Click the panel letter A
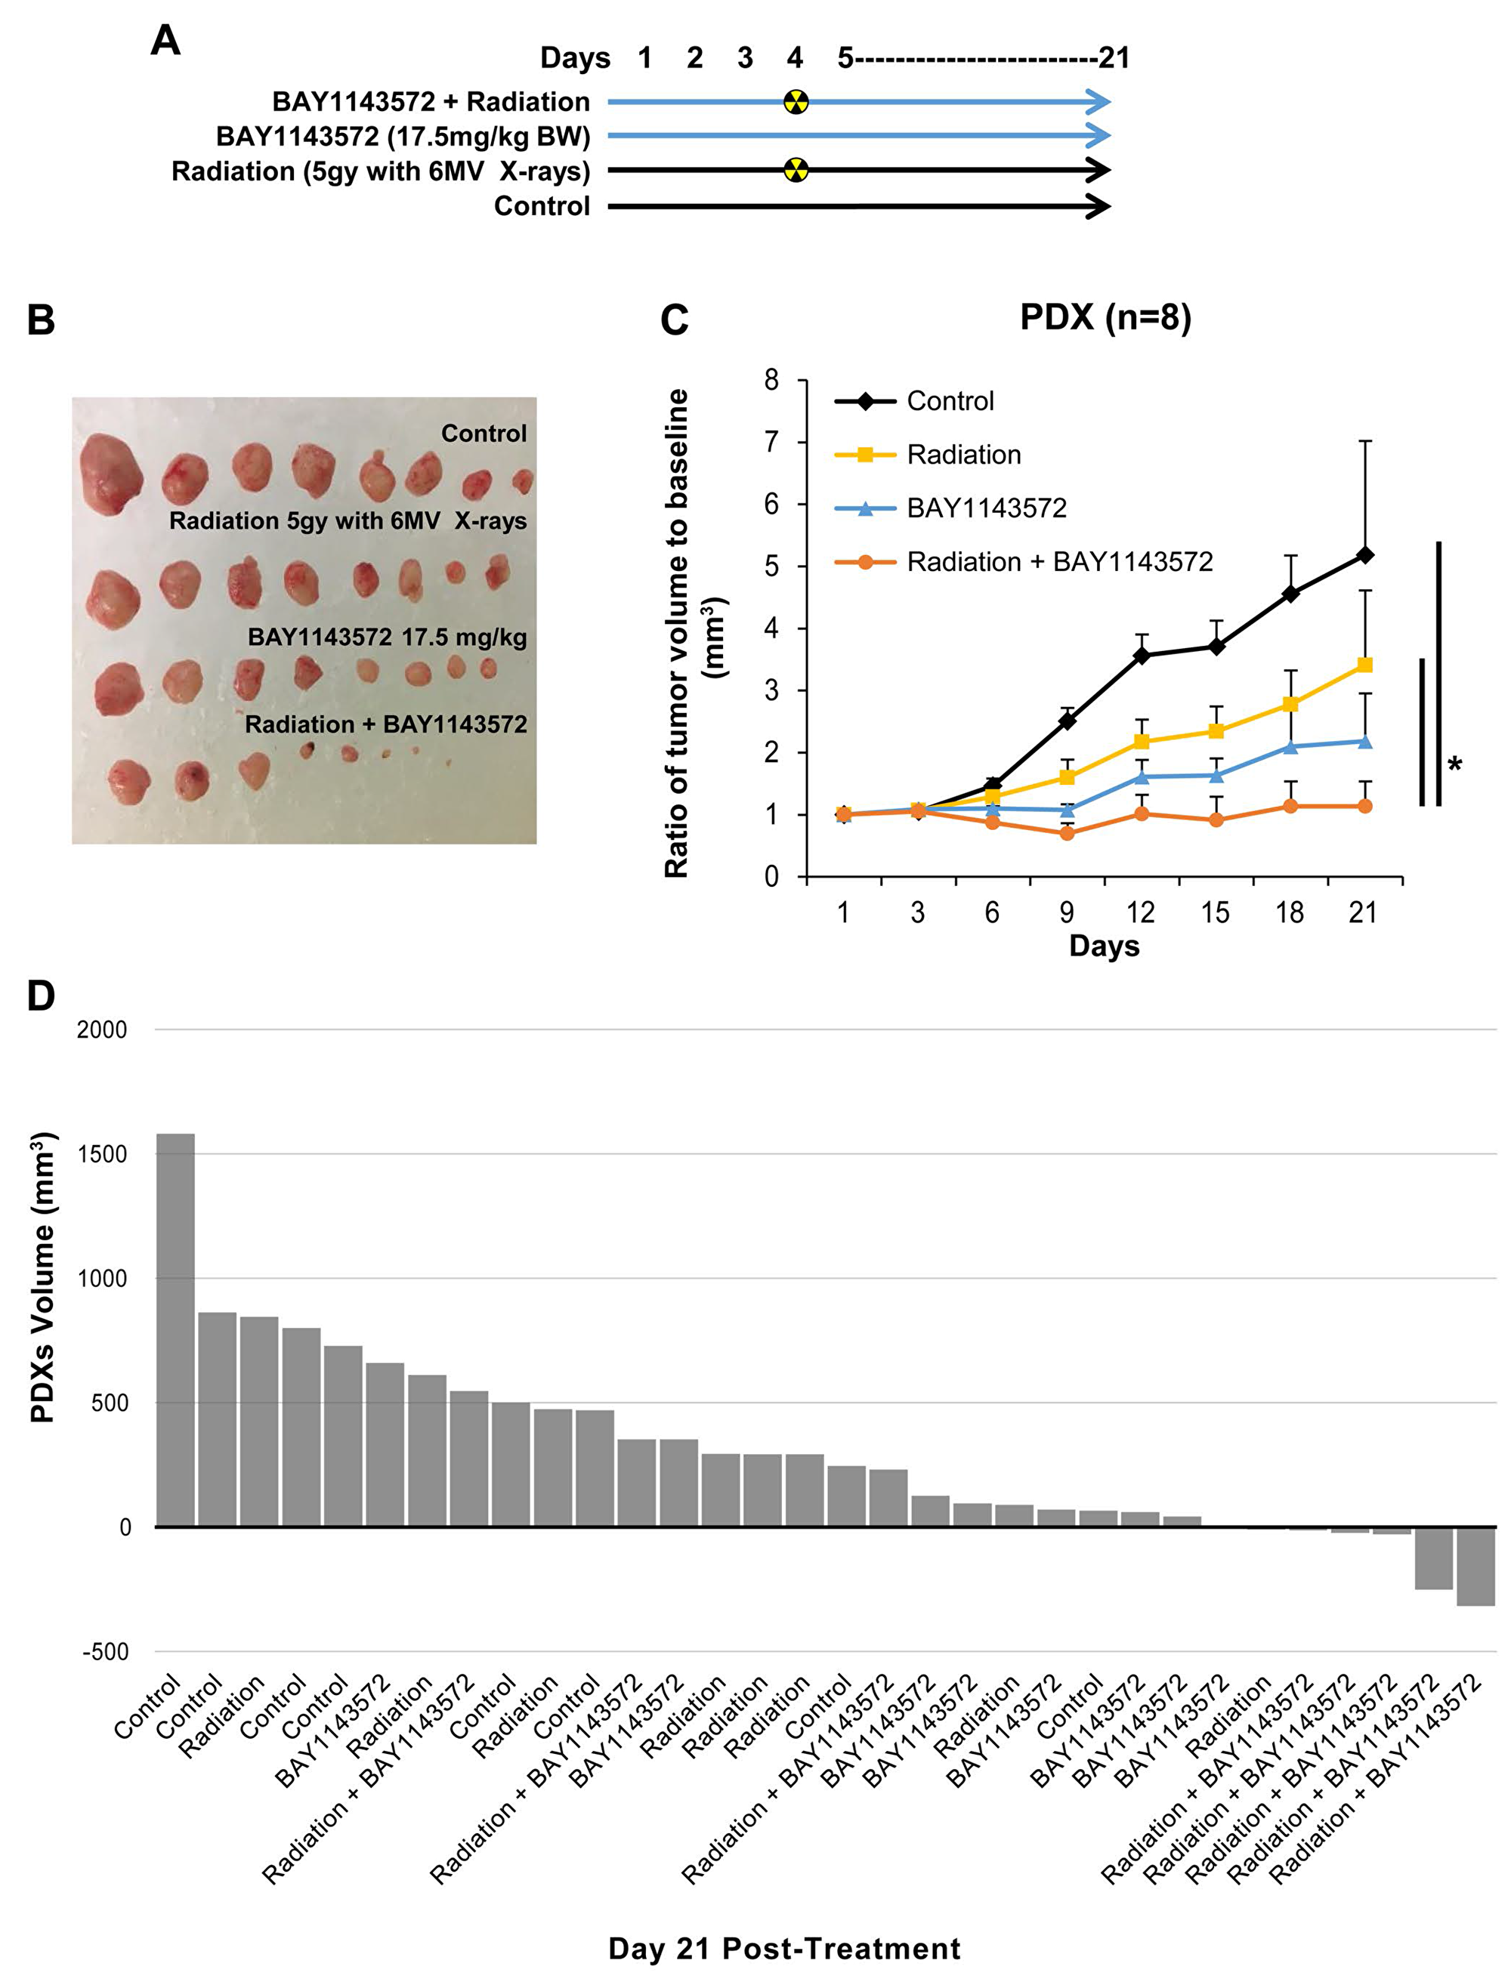click(165, 42)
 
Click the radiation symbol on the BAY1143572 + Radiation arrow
click(795, 102)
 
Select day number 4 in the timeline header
click(794, 58)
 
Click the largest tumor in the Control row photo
click(109, 473)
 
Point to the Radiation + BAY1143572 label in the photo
click(386, 724)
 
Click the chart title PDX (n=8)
click(1105, 317)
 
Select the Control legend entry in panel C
click(949, 401)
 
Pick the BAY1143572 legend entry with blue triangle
click(986, 508)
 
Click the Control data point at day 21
click(1364, 556)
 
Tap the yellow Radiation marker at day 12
click(1142, 741)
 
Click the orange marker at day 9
click(1067, 832)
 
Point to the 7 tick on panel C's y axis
click(771, 443)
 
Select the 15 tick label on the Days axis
click(1215, 912)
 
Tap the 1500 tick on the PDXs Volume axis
click(102, 1155)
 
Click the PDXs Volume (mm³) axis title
click(42, 1278)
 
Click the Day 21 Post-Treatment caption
click(784, 1949)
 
